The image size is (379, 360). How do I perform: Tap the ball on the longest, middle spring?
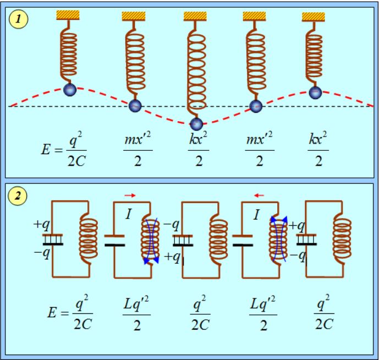[x=196, y=123]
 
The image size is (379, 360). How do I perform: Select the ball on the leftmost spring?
[x=69, y=89]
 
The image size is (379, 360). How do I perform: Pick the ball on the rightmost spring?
[x=314, y=92]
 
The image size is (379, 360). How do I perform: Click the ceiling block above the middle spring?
[x=194, y=17]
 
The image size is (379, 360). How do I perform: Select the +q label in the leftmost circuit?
[x=41, y=224]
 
